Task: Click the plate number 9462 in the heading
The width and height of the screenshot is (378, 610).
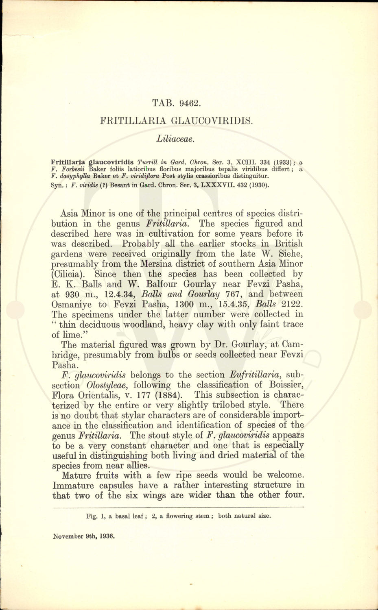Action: point(189,103)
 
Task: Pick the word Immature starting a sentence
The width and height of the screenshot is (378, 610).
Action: point(72,485)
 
